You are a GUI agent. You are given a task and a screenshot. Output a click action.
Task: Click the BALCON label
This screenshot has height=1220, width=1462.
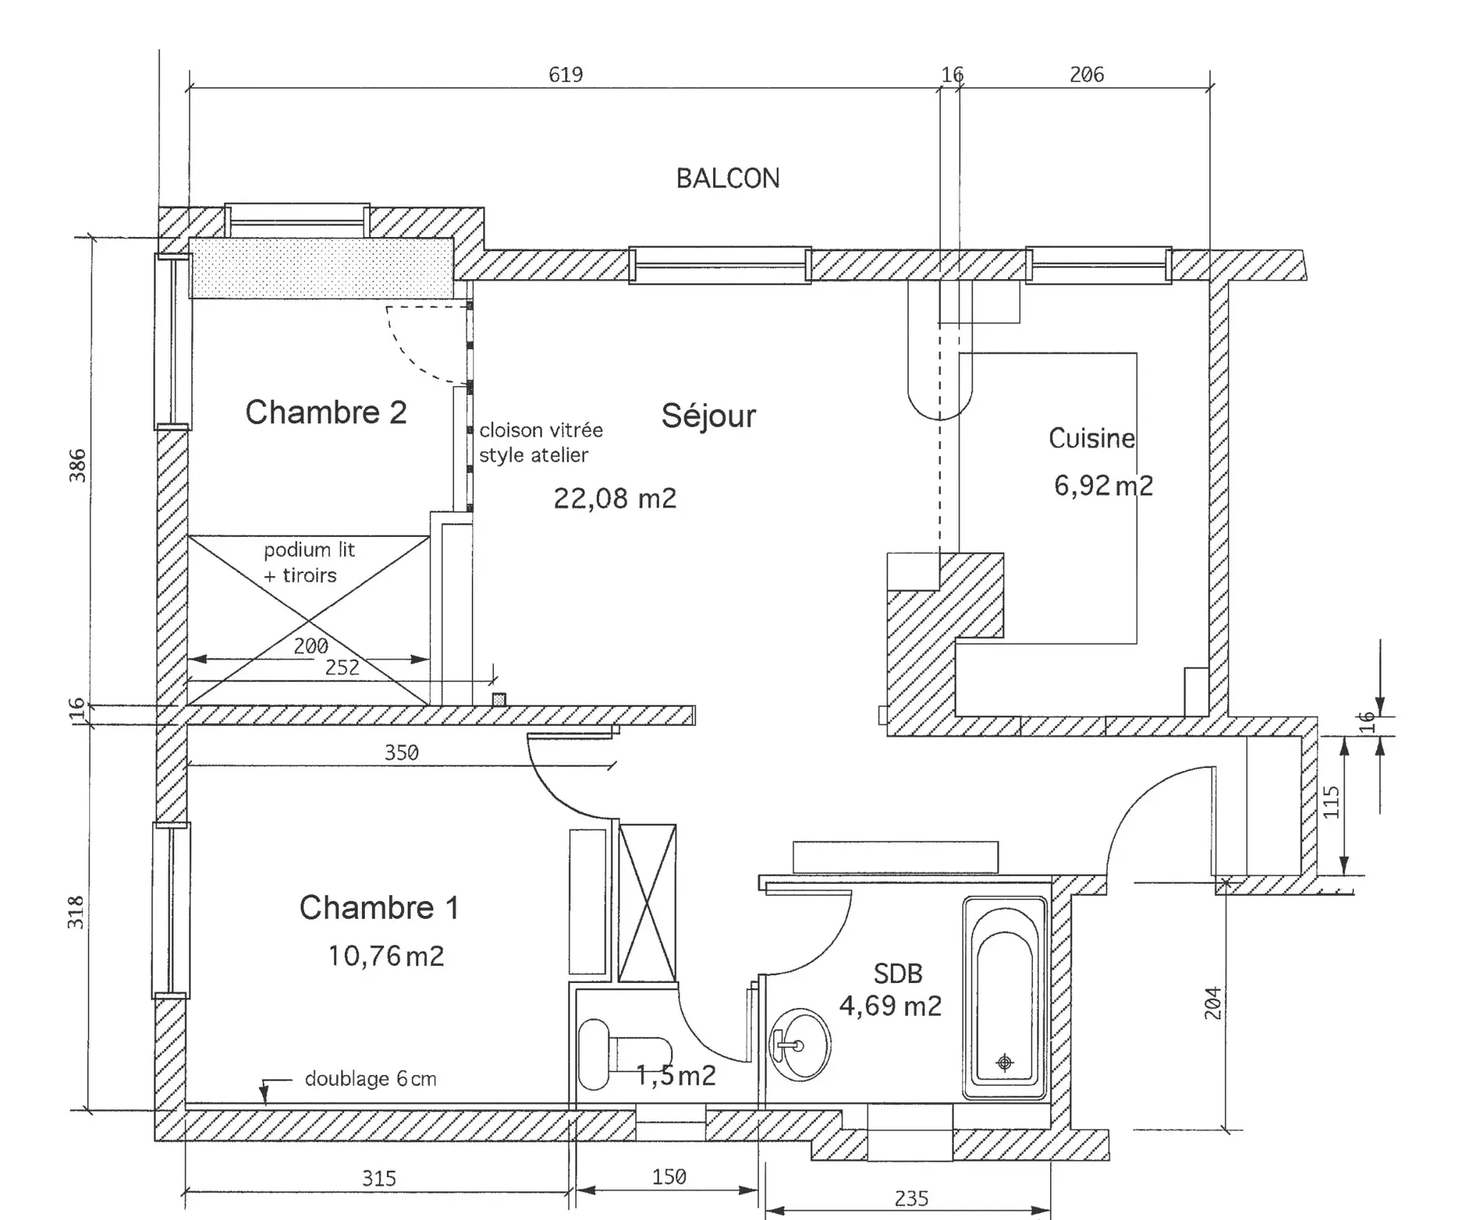(x=727, y=179)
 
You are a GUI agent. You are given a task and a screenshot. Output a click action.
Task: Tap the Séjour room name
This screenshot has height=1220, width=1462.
(x=708, y=416)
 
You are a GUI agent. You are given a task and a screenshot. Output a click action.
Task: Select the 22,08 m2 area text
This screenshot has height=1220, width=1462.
(x=614, y=498)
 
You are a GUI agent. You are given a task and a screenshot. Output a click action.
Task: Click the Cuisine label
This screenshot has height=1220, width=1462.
(x=1091, y=439)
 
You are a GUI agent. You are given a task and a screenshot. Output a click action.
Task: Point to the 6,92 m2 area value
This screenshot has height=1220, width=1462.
(x=1102, y=486)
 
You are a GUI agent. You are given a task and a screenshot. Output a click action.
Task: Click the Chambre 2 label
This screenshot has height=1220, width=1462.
(x=326, y=412)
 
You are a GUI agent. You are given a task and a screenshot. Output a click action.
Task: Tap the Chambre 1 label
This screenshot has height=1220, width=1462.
(x=379, y=908)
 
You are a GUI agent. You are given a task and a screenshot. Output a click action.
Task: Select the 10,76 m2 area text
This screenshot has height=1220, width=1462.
(x=385, y=956)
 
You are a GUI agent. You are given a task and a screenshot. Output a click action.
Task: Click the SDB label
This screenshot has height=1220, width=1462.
(x=898, y=974)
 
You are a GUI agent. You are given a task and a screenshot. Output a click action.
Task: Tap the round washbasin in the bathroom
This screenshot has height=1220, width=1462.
(x=800, y=1045)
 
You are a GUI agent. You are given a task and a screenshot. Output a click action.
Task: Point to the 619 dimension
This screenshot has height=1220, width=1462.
(x=566, y=75)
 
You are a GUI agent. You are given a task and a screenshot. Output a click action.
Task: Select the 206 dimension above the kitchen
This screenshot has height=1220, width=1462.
(x=1086, y=75)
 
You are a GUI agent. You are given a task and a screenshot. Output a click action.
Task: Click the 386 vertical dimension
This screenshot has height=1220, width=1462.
(x=78, y=465)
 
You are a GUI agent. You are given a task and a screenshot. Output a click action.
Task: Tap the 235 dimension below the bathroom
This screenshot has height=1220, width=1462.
(x=910, y=1198)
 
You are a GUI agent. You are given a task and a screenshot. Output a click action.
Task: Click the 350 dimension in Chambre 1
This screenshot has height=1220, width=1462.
(x=401, y=753)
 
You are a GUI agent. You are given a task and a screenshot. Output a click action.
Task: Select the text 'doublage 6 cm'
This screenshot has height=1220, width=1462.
(x=370, y=1079)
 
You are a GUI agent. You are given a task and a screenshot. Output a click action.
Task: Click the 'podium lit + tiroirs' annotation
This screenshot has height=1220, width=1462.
(x=309, y=563)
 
